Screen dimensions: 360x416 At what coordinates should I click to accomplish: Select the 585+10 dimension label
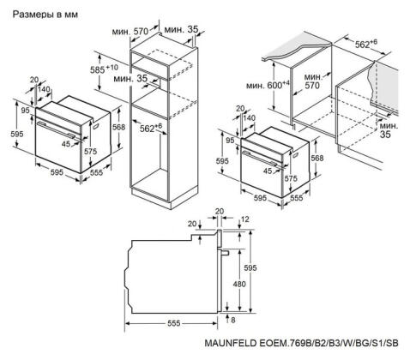point(106,66)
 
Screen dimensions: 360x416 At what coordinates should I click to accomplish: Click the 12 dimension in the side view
point(244,220)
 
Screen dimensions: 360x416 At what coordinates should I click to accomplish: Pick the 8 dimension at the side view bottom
point(232,321)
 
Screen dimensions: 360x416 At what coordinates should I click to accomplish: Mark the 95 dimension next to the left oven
point(25,111)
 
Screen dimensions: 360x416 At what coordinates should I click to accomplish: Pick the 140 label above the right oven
point(249,117)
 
